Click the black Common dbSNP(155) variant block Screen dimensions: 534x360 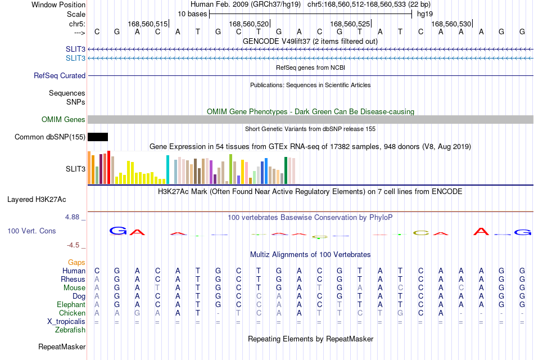(98, 137)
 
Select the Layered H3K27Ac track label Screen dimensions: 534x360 (37, 200)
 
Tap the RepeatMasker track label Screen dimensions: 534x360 (62, 346)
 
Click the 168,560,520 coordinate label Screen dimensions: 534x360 (248, 24)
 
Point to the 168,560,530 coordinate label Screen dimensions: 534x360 (451, 24)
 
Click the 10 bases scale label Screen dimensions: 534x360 (192, 14)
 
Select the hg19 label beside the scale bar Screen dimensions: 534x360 (425, 14)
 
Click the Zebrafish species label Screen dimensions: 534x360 (70, 330)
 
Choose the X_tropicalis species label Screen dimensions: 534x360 (66, 322)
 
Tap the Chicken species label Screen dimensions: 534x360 (72, 313)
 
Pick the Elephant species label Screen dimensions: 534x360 (71, 304)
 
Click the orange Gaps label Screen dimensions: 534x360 (76, 262)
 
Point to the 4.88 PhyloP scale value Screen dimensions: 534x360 (72, 217)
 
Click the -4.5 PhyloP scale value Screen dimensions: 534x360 (73, 245)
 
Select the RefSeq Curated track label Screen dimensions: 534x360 (60, 76)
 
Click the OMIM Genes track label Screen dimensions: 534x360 (64, 119)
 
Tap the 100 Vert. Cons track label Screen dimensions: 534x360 (31, 231)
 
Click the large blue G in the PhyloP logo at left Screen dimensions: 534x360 (118, 231)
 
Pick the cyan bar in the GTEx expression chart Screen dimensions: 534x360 (168, 169)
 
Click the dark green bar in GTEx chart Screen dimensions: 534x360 (286, 170)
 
